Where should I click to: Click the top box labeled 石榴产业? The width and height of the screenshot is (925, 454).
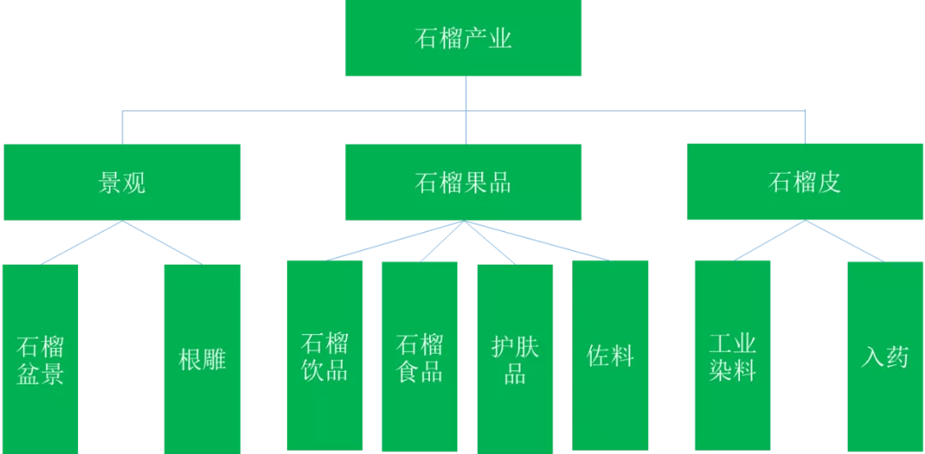(463, 39)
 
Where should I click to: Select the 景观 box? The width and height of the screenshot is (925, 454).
(122, 182)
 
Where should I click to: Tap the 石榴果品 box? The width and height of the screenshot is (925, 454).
(463, 182)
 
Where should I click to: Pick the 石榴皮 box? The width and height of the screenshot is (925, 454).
(805, 182)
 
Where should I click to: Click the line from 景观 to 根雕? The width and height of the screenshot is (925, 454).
(163, 242)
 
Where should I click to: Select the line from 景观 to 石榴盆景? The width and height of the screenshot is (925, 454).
(81, 242)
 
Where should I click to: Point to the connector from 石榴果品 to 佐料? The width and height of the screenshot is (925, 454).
(537, 241)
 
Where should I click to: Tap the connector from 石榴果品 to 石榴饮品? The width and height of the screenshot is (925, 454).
(395, 241)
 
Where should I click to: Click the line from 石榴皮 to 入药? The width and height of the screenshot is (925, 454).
(845, 241)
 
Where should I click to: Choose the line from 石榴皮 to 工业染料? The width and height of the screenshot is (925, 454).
(769, 241)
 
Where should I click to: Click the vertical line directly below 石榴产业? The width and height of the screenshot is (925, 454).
(464, 93)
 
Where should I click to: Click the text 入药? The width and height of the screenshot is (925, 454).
(886, 357)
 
